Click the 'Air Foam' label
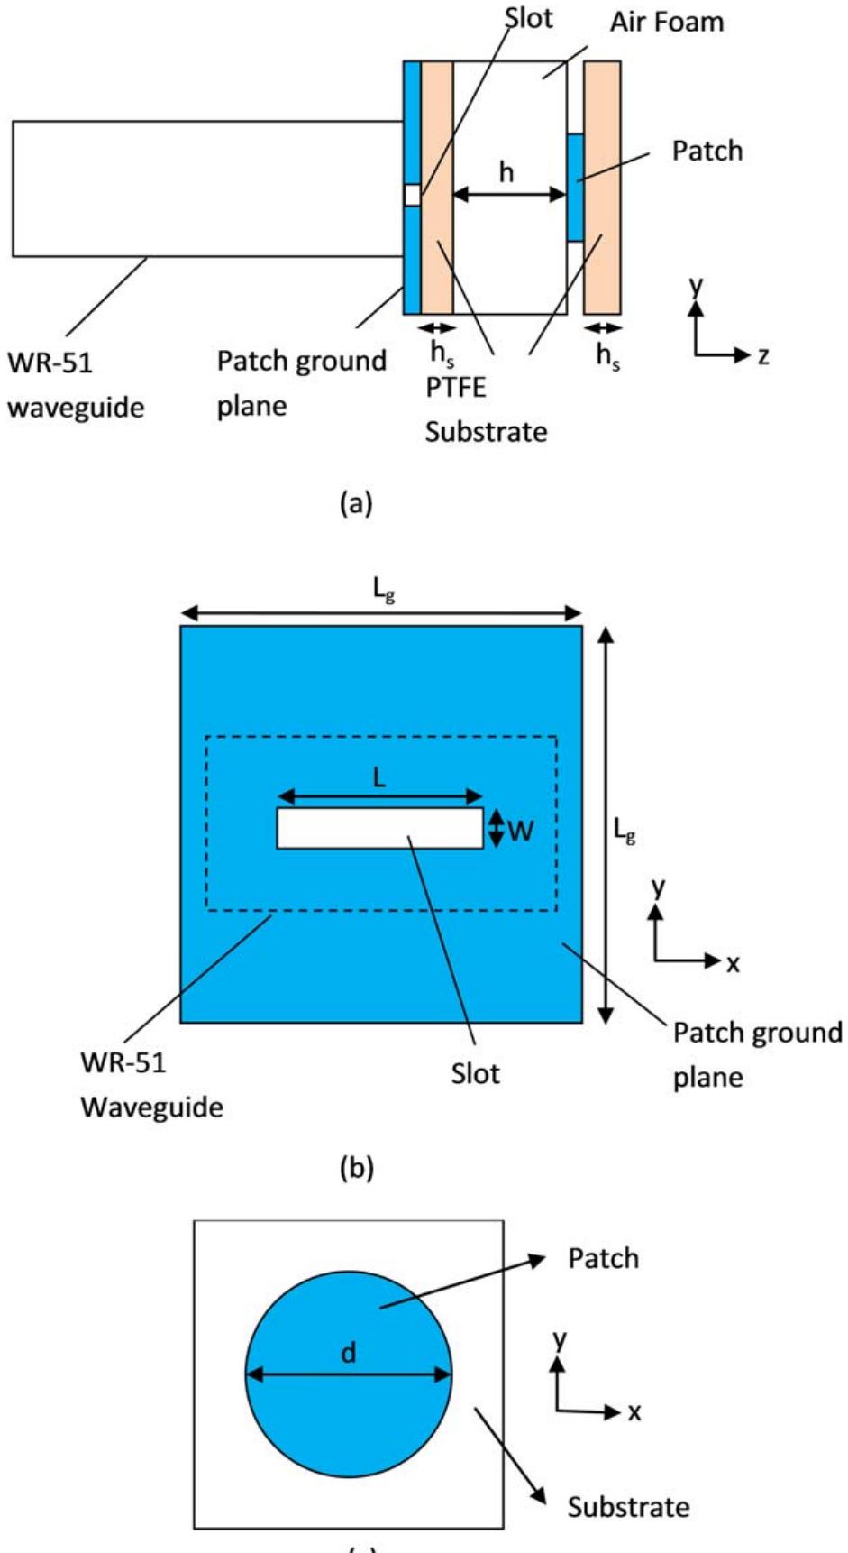coord(666,22)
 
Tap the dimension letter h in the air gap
coord(506,171)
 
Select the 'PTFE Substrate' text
coord(486,409)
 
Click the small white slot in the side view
coord(412,195)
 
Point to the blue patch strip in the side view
coord(575,187)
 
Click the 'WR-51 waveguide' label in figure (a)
coord(76,385)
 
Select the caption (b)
coord(355,1169)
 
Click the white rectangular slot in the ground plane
coord(379,828)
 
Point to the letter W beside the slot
coord(520,830)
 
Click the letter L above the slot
coord(379,777)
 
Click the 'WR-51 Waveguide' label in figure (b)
coord(151,1084)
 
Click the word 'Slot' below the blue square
coord(475,1073)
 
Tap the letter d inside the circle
coord(349,1352)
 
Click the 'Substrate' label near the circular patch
coord(628,1506)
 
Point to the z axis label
coord(763,355)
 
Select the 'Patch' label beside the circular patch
coord(603,1258)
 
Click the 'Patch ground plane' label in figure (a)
coord(301,383)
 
